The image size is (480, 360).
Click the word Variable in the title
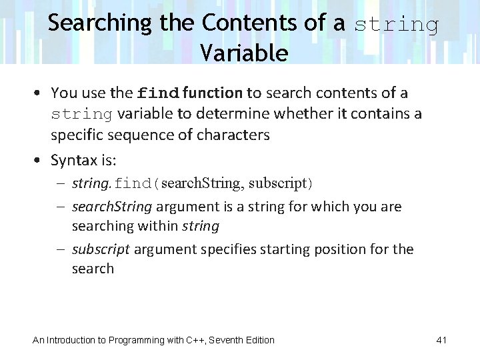(243, 53)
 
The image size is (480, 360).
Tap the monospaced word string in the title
(396, 25)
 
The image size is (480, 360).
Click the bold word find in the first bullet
(158, 93)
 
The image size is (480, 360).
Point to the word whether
(305, 114)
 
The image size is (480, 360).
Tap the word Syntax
(75, 161)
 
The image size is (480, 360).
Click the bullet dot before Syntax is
(38, 161)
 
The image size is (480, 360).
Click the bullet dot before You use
(38, 93)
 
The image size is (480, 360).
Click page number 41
(441, 340)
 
